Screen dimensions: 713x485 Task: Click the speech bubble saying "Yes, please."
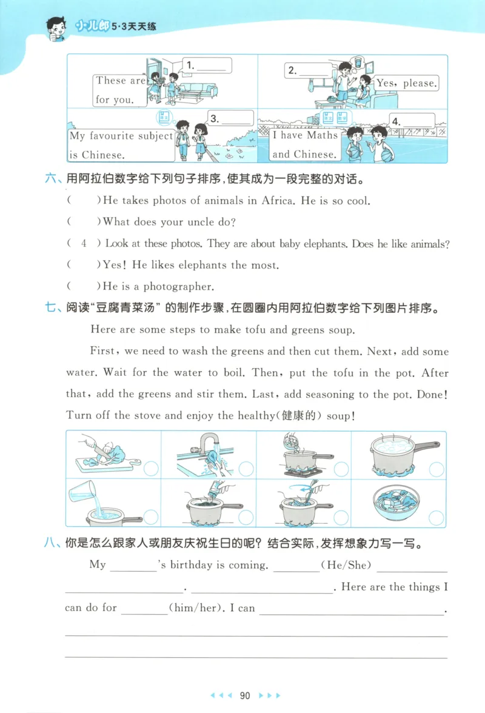pyautogui.click(x=407, y=83)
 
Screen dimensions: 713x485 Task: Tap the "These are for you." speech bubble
pyautogui.click(x=120, y=90)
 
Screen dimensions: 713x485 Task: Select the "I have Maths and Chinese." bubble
pyautogui.click(x=304, y=144)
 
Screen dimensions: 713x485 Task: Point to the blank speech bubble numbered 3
pyautogui.click(x=231, y=118)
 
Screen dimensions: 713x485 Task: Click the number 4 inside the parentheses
pyautogui.click(x=84, y=243)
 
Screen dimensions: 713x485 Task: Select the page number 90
pyautogui.click(x=245, y=695)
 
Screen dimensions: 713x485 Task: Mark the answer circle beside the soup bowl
pyautogui.click(x=436, y=517)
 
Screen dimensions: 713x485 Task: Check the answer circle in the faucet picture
pyautogui.click(x=246, y=469)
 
